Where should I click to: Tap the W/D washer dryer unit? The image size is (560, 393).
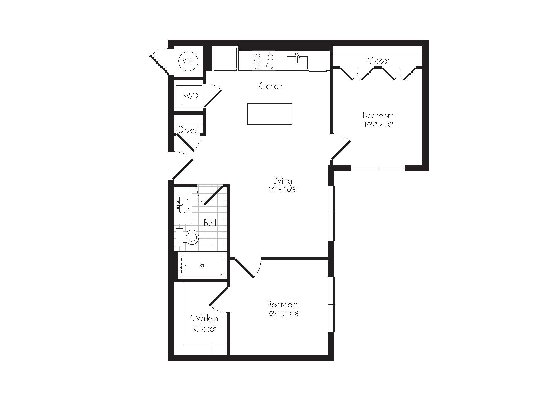click(x=188, y=96)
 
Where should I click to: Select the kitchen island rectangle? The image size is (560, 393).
click(x=270, y=114)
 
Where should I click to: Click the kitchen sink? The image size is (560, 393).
click(x=297, y=62)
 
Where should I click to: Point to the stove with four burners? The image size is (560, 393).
click(x=263, y=61)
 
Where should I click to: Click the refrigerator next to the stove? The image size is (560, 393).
click(x=225, y=59)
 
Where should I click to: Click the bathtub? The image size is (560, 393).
click(x=202, y=265)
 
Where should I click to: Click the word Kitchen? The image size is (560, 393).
click(x=270, y=86)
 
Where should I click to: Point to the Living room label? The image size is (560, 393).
click(x=283, y=181)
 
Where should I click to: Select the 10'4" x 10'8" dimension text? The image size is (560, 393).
click(x=282, y=314)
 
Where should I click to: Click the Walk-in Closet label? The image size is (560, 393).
click(x=205, y=323)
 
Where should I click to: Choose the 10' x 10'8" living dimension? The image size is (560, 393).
click(x=283, y=190)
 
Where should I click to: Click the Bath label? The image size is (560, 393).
click(x=211, y=223)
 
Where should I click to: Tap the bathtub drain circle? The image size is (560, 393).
click(x=202, y=265)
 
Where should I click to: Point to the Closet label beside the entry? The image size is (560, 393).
click(x=188, y=130)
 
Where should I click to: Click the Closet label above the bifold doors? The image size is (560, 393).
click(x=378, y=61)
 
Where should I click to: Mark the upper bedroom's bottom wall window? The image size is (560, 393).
click(x=377, y=168)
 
